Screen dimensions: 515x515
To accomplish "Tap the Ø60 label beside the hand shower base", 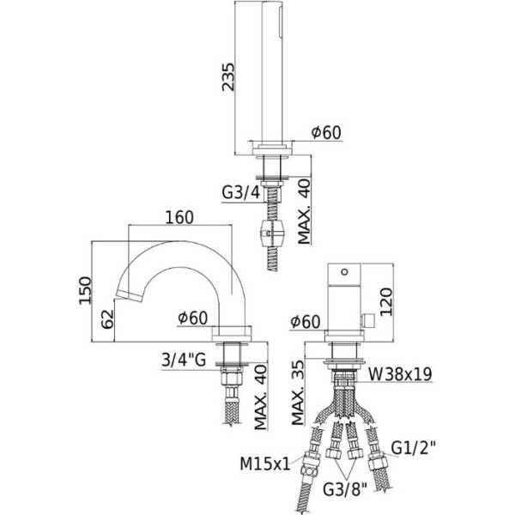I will tap(326, 132).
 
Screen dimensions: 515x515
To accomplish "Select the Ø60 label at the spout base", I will tap(194, 317).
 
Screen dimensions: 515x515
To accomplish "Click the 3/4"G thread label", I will tap(185, 360).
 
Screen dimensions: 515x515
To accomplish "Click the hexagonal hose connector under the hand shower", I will tap(271, 232).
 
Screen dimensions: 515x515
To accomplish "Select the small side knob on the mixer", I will tap(370, 320).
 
